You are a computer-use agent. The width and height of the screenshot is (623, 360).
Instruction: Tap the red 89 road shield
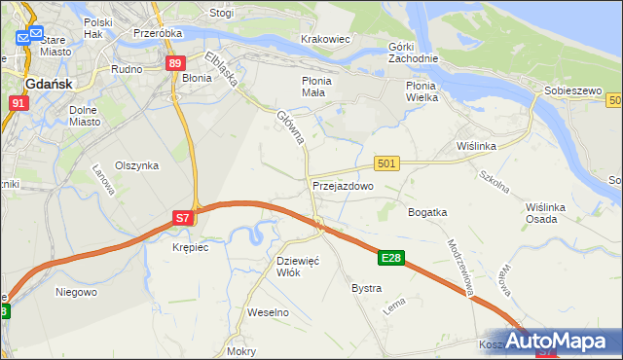174,64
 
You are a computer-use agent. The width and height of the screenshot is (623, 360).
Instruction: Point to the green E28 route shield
391,257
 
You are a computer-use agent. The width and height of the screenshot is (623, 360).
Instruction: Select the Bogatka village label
427,211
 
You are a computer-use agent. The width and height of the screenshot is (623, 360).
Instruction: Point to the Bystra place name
366,289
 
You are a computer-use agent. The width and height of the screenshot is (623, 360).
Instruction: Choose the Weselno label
269,312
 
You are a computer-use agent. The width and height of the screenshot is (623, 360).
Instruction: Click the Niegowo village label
76,292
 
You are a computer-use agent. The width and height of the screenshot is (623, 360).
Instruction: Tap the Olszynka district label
137,165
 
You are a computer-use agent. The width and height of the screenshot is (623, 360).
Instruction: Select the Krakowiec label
325,40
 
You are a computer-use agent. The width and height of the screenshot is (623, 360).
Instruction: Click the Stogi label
221,14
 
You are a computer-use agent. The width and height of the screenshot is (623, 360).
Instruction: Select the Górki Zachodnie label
414,53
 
